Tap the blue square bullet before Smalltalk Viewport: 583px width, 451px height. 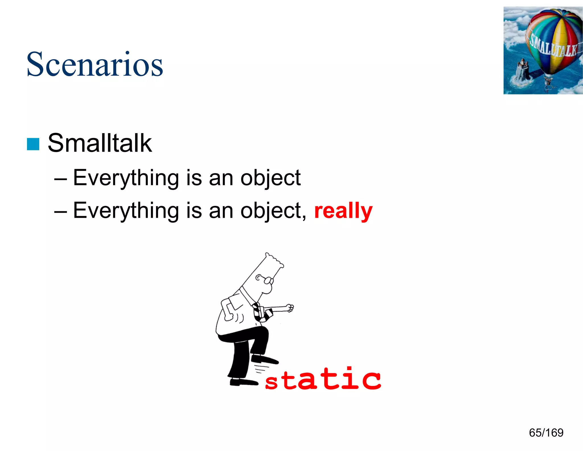pos(33,144)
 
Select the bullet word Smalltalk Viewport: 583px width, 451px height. pos(100,143)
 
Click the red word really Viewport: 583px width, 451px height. pos(343,211)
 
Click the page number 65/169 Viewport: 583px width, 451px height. pos(546,432)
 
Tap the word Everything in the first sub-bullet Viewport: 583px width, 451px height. pos(125,178)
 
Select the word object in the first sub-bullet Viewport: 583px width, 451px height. pos(270,178)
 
